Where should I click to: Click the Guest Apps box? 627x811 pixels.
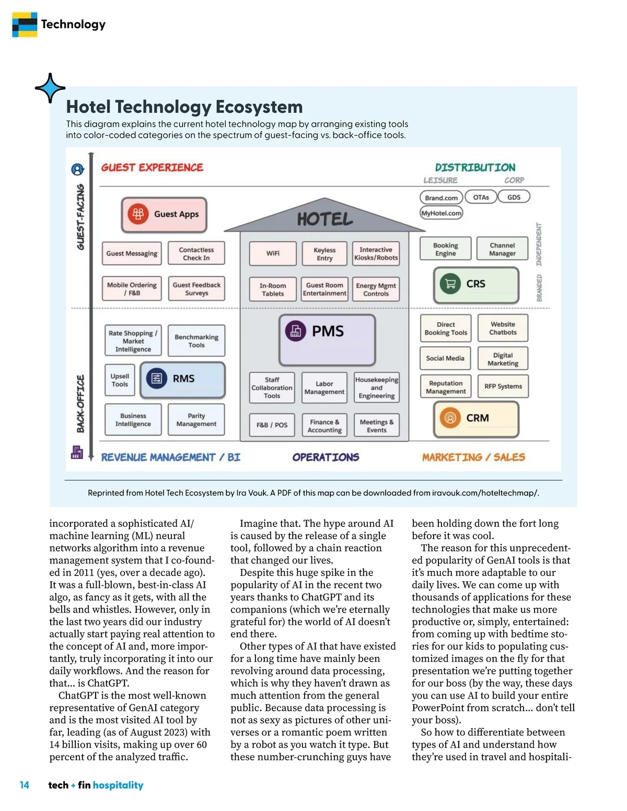tap(164, 215)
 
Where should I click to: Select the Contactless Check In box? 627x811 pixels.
tap(196, 254)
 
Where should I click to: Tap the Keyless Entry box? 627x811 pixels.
tap(324, 254)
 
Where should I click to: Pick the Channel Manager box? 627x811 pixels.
tap(502, 249)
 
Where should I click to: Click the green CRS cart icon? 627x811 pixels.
tap(450, 284)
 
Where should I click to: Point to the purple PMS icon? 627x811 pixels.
tap(296, 331)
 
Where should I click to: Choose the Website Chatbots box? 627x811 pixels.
tap(503, 328)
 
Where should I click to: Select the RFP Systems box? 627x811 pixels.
tap(503, 386)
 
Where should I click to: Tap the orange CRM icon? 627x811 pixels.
tap(450, 418)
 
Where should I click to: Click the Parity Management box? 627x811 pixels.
tap(196, 420)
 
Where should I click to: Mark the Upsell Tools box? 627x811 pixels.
tap(120, 380)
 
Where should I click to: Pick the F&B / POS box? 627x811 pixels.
tap(272, 425)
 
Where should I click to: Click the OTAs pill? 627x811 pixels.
tap(481, 197)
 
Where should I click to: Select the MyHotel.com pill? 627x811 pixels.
tap(442, 213)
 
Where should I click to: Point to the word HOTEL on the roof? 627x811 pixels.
tap(325, 219)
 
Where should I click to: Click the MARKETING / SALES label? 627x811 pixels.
tap(473, 457)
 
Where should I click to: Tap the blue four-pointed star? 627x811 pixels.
tap(50, 88)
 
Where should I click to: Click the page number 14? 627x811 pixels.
tap(25, 785)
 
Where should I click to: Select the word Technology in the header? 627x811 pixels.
tap(73, 25)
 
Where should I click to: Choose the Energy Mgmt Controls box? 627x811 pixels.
tap(376, 290)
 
